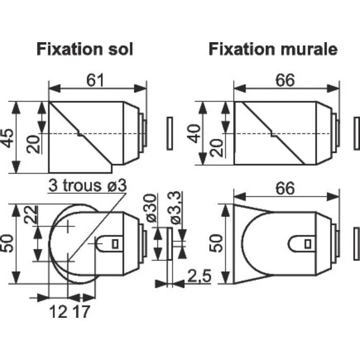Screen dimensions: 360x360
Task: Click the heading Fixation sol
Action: (85, 49)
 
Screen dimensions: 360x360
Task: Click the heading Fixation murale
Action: (273, 49)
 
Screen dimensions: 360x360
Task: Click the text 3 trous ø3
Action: (87, 186)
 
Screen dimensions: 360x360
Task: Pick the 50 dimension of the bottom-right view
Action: (216, 242)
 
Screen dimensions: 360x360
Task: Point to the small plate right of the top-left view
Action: (170, 134)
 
